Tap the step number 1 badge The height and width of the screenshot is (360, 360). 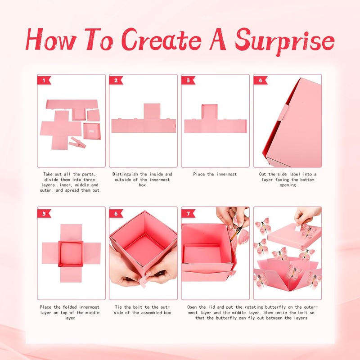(44, 81)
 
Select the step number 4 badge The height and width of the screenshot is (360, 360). (260, 81)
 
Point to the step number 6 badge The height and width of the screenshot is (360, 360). (116, 213)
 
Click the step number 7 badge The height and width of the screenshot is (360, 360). (188, 213)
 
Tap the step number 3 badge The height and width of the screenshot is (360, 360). (188, 81)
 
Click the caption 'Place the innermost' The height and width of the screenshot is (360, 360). (215, 174)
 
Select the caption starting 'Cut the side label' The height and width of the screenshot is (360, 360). (288, 180)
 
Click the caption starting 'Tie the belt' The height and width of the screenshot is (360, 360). (143, 310)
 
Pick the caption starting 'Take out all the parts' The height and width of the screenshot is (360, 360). (71, 182)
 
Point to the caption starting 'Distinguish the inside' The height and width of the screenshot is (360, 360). (143, 179)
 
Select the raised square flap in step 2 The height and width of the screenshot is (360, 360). (152, 112)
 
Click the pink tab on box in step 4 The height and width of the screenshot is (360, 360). (282, 113)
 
